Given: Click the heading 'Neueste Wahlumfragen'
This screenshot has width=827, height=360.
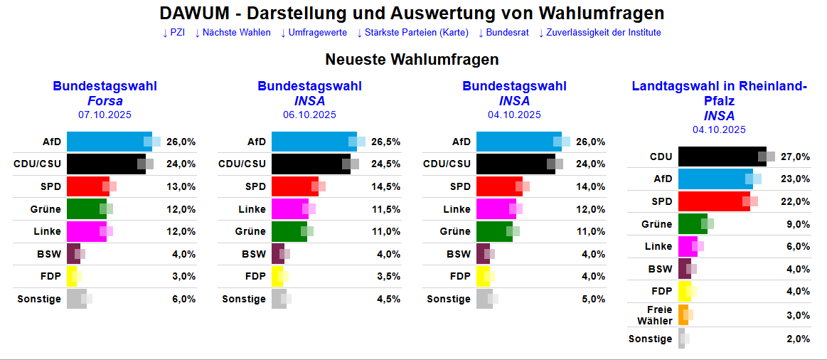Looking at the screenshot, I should pos(412,60).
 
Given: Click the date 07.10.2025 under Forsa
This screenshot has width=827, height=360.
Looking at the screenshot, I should pos(105,115).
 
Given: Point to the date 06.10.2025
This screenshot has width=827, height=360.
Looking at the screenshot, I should pos(309,115).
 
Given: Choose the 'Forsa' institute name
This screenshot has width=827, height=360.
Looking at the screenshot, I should pos(105,101).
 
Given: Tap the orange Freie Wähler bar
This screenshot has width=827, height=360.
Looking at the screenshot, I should pos(683,315).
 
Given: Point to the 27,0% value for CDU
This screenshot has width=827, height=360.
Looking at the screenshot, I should pos(795,157).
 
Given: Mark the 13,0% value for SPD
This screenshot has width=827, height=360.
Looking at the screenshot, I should pos(181,186).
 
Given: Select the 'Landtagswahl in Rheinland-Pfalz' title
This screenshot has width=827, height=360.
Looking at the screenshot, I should pos(719,93).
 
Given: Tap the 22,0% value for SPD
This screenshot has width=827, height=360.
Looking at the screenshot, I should pos(795,201).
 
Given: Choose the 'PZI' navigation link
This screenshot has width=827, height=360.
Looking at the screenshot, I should pos(174,33).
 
